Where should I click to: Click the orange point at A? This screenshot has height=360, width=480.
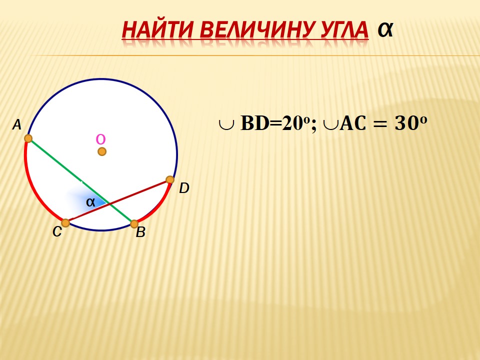[28, 138]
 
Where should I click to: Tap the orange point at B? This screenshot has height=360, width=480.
[134, 224]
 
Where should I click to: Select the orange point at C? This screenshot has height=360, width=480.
[65, 223]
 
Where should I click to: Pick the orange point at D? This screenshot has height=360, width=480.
[170, 179]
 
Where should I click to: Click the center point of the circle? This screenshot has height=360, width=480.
[102, 151]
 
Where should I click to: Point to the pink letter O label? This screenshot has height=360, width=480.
[100, 139]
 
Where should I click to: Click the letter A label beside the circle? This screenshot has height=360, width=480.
[17, 125]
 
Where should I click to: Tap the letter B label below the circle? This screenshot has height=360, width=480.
[140, 232]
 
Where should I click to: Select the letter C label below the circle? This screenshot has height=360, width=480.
[57, 231]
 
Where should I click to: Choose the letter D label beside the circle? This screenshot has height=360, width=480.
[184, 188]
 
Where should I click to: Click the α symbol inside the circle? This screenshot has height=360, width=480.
[90, 202]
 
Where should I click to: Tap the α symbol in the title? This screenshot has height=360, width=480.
[385, 30]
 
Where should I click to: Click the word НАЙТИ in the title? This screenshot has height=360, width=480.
[157, 30]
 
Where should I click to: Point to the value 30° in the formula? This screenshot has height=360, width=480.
[410, 123]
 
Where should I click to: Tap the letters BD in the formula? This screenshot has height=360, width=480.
[254, 123]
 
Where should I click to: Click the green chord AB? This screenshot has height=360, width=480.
[81, 181]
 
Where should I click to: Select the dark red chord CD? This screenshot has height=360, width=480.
[118, 201]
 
